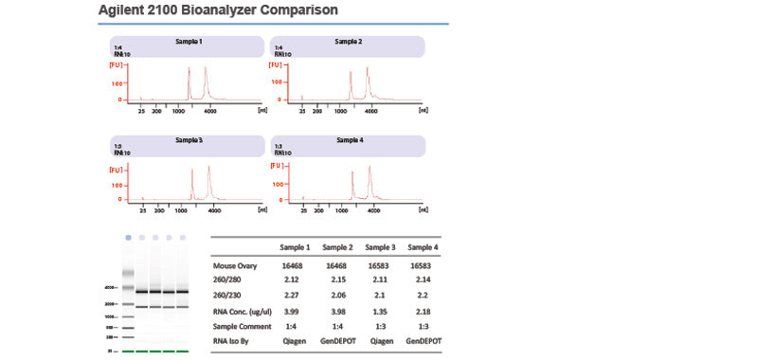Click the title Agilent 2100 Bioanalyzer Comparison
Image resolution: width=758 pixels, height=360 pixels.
(219, 10)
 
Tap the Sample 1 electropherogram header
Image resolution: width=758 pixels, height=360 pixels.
(188, 43)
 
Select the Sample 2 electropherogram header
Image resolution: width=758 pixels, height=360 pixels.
(348, 43)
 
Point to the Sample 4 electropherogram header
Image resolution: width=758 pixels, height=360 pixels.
(348, 140)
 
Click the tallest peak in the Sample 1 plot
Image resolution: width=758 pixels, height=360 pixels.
(206, 69)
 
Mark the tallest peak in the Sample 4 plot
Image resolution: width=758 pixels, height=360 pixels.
(370, 168)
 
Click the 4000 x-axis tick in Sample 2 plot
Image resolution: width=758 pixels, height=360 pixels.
(371, 111)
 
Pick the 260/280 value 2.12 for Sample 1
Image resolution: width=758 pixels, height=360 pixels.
(293, 280)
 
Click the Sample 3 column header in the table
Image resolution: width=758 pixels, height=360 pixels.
(379, 247)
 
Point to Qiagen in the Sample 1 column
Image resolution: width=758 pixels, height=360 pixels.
(293, 340)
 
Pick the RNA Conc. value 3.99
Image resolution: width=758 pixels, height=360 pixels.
(293, 310)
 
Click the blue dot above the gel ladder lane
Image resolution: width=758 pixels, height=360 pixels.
(126, 236)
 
